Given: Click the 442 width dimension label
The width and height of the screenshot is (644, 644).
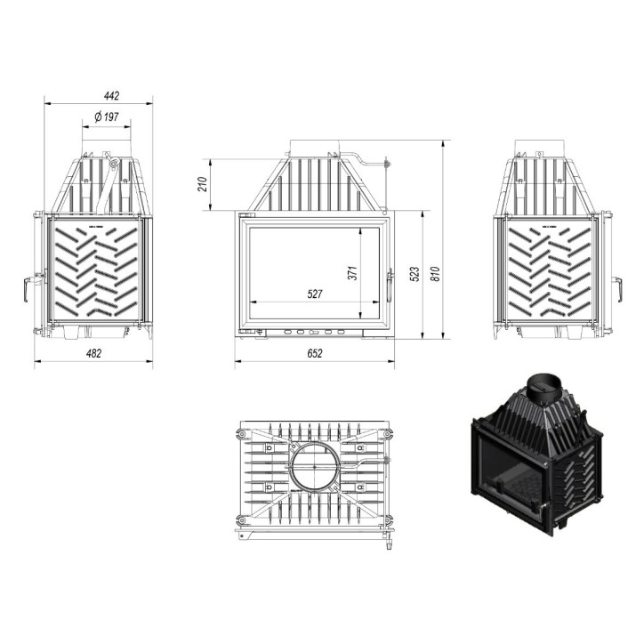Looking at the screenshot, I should click(110, 95).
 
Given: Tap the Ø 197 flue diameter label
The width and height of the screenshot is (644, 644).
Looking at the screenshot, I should click(107, 117).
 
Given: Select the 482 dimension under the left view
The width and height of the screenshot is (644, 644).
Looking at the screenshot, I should click(93, 353).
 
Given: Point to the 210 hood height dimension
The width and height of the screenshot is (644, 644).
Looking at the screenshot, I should click(202, 185).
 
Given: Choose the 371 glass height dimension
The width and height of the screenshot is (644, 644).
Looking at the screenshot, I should click(352, 273).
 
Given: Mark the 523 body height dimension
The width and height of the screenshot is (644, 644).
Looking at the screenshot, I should click(415, 275).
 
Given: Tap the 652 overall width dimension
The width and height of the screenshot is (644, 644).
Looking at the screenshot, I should click(314, 353).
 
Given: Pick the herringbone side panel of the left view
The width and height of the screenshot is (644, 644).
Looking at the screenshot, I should click(93, 273).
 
